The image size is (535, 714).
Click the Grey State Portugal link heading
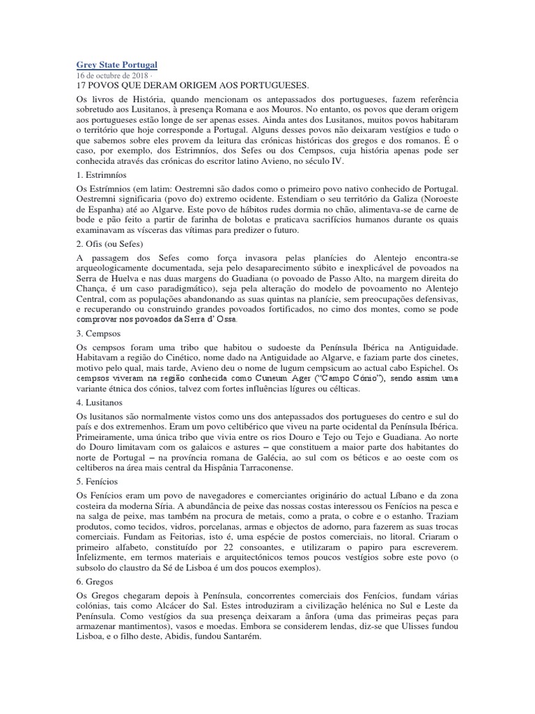coord(116,65)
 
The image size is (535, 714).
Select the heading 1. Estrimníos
coord(107,175)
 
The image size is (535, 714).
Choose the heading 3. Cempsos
coord(100,334)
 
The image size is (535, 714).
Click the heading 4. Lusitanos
coord(102,402)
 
